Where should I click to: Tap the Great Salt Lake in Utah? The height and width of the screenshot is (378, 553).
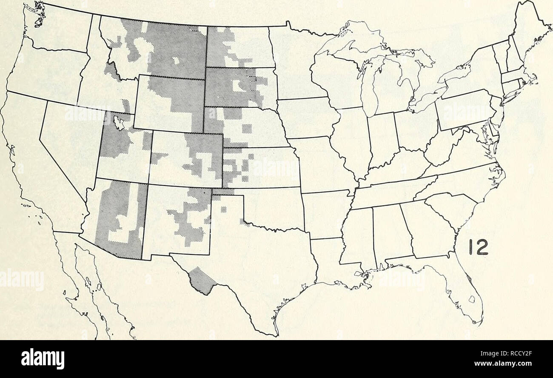120,124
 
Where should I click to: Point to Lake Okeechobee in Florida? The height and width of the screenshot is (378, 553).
470,300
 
